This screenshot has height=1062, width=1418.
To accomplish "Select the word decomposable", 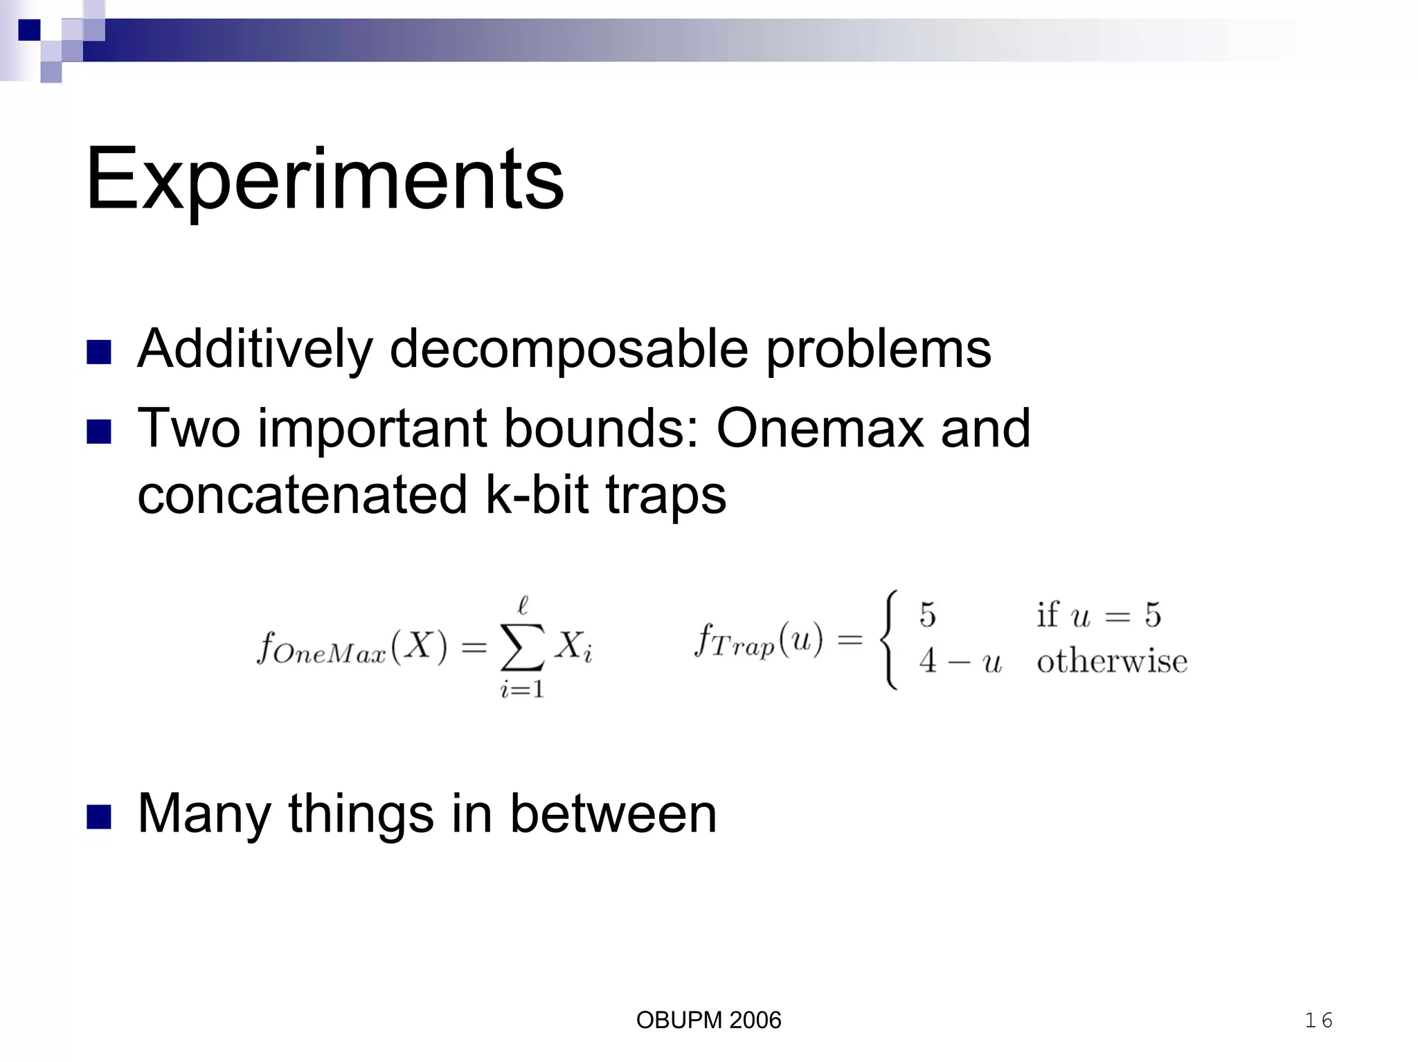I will (x=568, y=349).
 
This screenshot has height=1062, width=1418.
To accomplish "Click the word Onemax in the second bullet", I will (x=819, y=429).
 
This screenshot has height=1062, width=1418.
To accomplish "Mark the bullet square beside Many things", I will (x=99, y=816).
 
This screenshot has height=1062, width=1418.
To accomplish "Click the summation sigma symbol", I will (x=523, y=647).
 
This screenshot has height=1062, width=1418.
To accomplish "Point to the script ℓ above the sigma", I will (x=523, y=606).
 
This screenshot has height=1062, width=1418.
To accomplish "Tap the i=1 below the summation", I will (x=522, y=690).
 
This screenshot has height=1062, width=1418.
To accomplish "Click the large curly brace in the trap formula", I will (x=889, y=639).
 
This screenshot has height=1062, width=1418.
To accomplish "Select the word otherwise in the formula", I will (x=1111, y=662).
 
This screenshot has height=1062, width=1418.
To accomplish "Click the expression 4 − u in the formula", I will (x=960, y=662).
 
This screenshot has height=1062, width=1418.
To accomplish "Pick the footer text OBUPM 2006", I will (x=708, y=1020).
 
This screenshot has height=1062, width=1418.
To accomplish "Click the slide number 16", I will (x=1318, y=1020).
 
